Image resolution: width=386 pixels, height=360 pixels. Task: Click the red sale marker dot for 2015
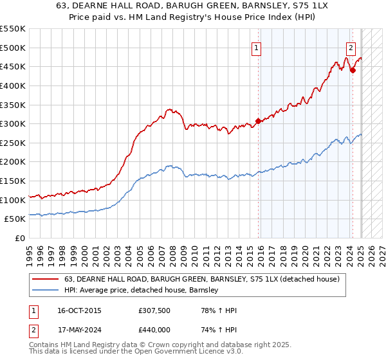coord(258,120)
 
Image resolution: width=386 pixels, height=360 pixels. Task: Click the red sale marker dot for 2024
coord(353,70)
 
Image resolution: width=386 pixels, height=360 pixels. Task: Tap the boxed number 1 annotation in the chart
coord(256,47)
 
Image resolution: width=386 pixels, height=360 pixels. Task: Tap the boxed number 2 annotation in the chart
coord(351,47)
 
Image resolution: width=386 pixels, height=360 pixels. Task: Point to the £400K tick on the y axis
coord(13,85)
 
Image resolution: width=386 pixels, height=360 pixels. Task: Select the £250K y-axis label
coord(13,143)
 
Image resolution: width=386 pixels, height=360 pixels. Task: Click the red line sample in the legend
coord(46,279)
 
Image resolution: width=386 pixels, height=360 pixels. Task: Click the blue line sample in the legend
coord(46,290)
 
